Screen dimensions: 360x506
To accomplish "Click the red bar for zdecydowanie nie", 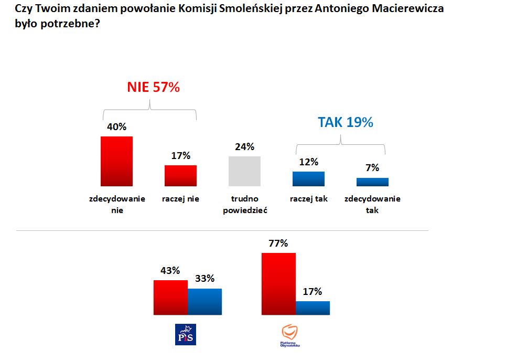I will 116,161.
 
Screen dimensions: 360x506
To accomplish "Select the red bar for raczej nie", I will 180,175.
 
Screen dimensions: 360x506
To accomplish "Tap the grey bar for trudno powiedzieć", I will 245,171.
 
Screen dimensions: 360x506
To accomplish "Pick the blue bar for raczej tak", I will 308,179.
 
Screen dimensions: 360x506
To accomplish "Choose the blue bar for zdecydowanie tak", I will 372,182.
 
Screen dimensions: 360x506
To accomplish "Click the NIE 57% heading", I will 153,88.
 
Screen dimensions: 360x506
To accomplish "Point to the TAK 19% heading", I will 345,122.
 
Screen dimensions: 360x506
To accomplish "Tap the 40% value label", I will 117,126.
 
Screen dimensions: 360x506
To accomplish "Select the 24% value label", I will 245,146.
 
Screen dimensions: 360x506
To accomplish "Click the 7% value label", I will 373,168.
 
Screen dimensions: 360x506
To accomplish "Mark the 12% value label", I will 309,162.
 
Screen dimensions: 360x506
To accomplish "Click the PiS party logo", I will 185,334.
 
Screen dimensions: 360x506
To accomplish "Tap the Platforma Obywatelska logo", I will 290,336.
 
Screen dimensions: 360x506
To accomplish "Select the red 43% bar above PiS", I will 170,298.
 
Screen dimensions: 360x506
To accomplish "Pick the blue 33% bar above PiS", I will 204,302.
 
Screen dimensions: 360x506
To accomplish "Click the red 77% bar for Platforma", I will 278,284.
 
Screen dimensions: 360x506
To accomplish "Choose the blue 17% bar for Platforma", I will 313,308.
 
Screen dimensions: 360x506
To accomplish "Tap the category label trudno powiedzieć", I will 245,205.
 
